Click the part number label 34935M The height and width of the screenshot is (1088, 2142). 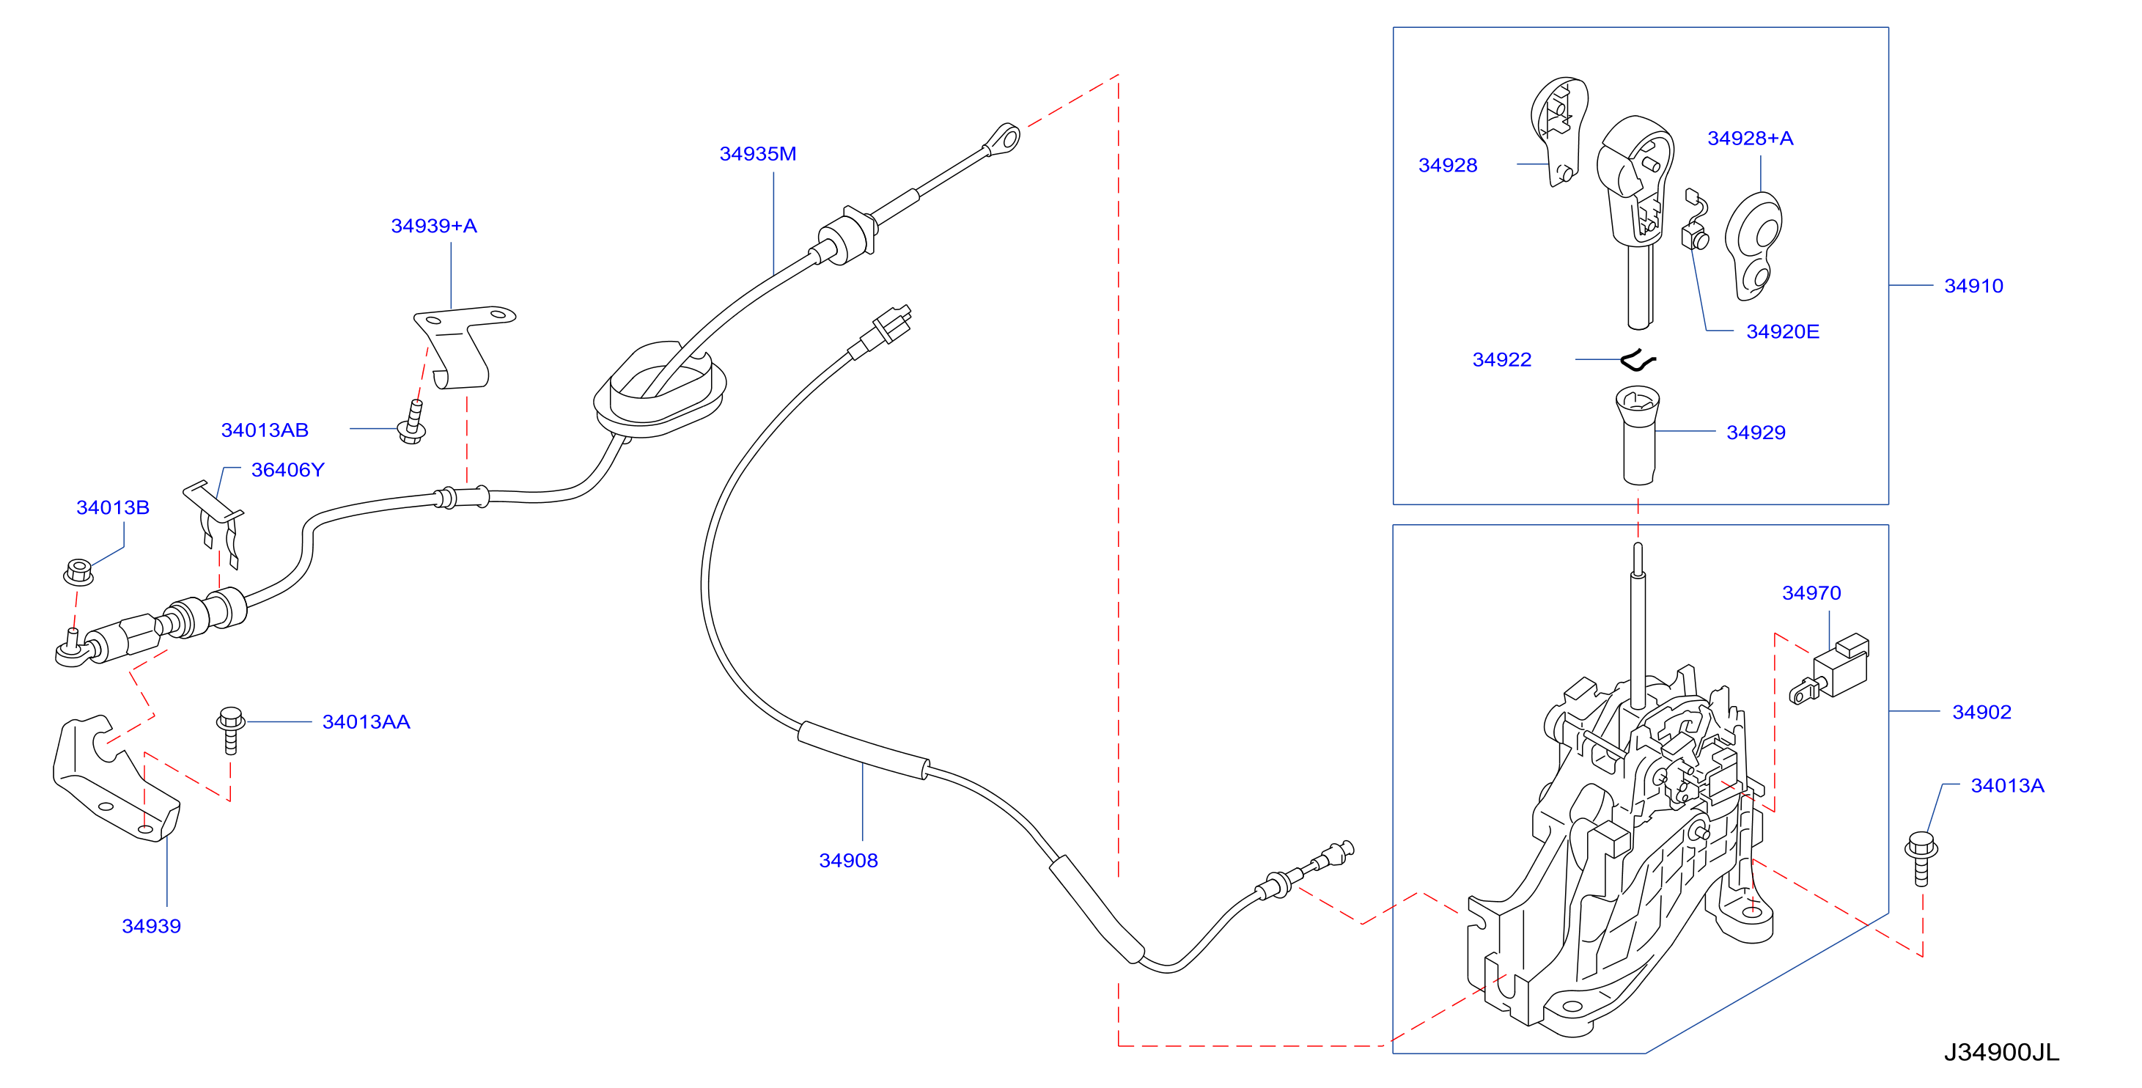coord(757,154)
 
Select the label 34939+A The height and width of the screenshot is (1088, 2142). coord(434,227)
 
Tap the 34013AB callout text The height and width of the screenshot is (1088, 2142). coord(265,430)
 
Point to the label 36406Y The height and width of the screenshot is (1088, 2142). coord(287,470)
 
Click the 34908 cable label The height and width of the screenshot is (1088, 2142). coord(848,861)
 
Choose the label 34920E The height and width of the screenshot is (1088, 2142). coord(1783,332)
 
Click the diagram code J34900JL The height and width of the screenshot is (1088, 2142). coord(2001,1053)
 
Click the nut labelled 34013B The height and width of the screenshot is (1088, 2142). coord(78,573)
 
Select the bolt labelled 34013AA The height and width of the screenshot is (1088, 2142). coord(230,729)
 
